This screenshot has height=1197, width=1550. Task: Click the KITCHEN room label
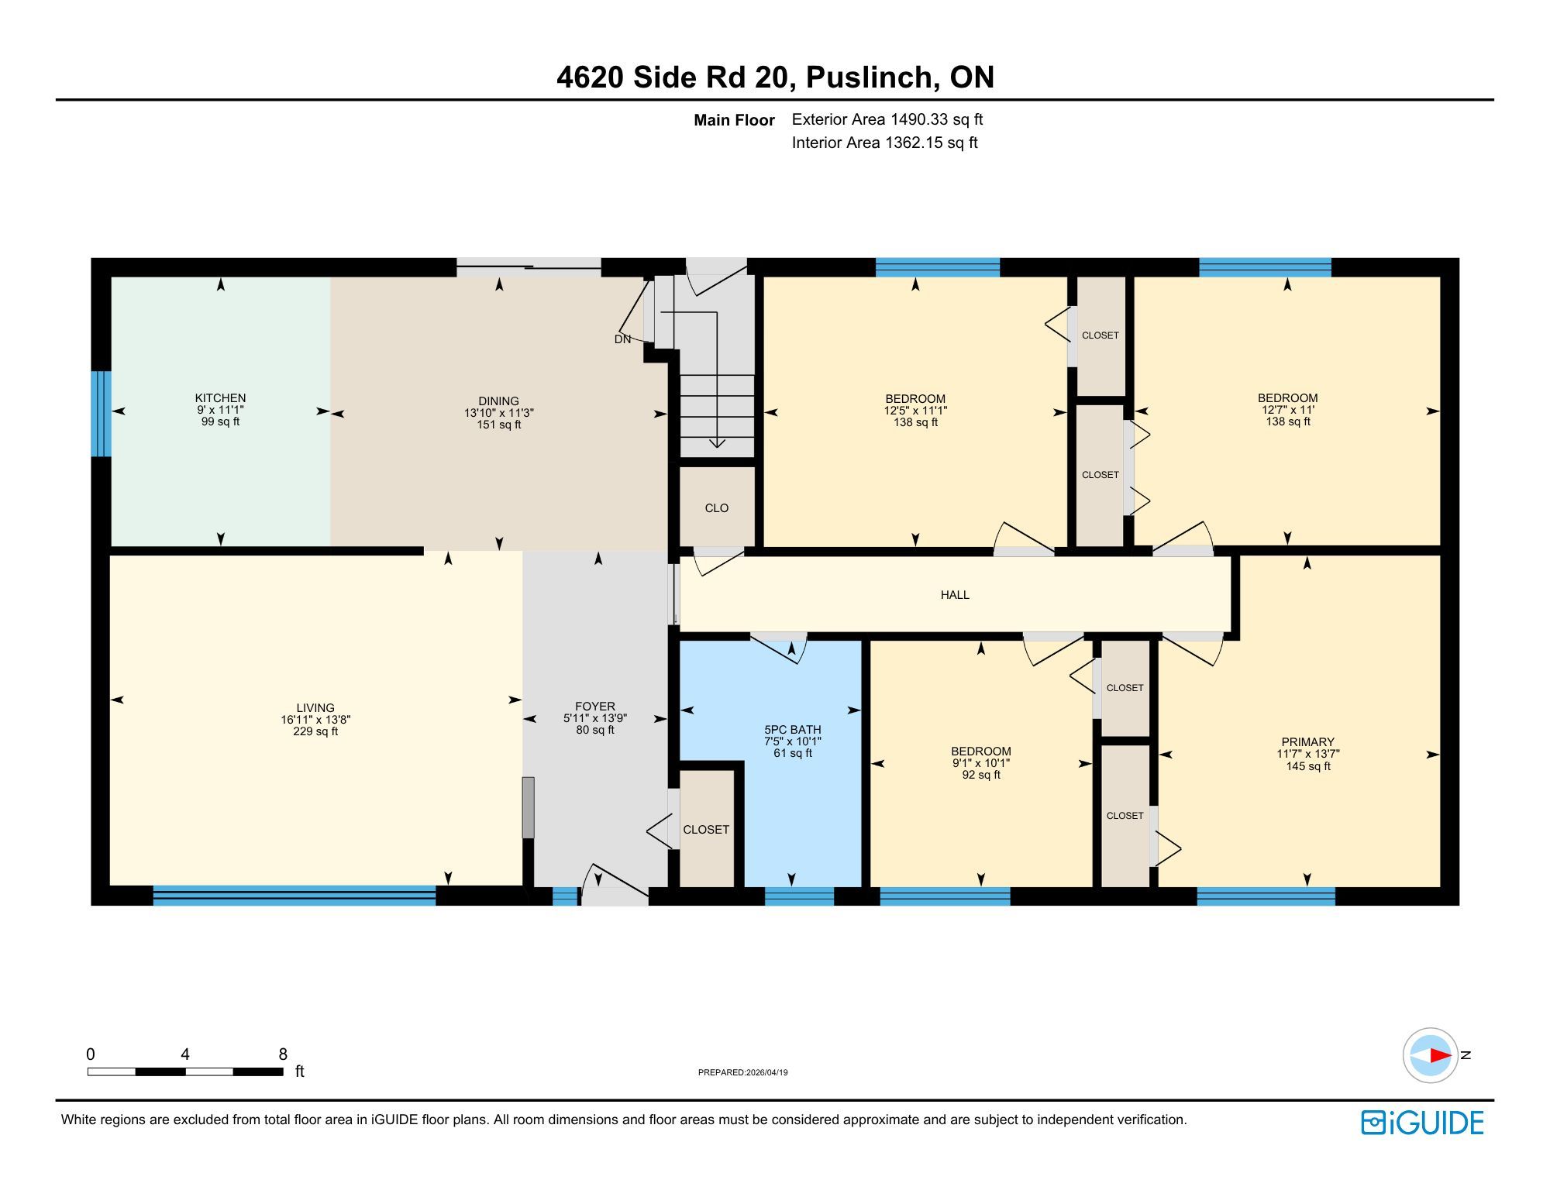(220, 398)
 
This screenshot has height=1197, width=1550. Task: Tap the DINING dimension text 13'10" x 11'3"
(499, 413)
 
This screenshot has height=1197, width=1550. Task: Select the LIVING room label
(315, 708)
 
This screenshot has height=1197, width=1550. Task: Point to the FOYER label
(595, 707)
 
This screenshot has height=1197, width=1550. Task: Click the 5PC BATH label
(793, 730)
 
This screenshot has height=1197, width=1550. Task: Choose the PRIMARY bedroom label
(1308, 742)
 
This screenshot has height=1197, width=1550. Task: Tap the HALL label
(955, 595)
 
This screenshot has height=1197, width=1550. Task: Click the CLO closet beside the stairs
(717, 508)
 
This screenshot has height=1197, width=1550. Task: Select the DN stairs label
(622, 339)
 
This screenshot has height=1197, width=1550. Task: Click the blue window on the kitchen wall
(101, 414)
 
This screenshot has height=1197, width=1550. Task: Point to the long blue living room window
(294, 896)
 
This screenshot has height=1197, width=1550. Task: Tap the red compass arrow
(1441, 1055)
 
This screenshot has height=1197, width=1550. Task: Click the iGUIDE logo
(1422, 1123)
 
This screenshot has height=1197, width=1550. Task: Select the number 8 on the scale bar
(283, 1054)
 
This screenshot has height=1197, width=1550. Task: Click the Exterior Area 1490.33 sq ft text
(887, 119)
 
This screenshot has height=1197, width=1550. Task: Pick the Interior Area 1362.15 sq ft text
(884, 143)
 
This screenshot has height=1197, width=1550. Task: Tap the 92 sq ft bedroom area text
(981, 775)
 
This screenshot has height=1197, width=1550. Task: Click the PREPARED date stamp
(743, 1073)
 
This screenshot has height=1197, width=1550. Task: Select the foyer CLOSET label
(706, 830)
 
